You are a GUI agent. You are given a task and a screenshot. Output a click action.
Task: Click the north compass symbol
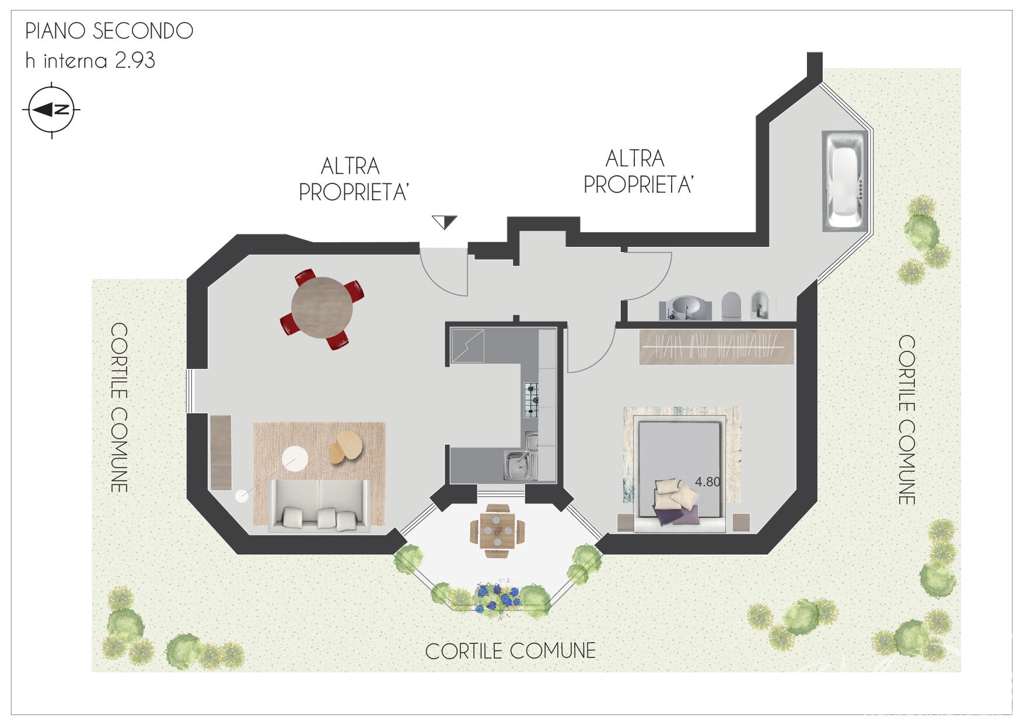(52, 110)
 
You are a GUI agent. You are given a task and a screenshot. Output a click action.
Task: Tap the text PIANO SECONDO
(109, 31)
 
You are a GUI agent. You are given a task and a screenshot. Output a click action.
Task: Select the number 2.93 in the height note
(135, 61)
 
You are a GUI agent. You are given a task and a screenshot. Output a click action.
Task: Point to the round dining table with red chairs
(322, 308)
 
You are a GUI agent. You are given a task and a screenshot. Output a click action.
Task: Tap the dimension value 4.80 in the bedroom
(708, 482)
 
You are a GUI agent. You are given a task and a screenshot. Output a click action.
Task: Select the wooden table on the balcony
(497, 531)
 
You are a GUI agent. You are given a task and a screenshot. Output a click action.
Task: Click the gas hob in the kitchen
(531, 399)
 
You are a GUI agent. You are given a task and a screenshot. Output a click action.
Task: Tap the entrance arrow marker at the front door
(445, 222)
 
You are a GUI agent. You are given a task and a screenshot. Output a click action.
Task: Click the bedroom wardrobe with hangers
(717, 347)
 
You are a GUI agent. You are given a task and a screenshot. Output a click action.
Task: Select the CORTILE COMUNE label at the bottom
(511, 651)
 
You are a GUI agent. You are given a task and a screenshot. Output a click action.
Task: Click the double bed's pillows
(677, 497)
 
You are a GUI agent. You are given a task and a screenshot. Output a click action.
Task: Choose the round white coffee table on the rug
(295, 458)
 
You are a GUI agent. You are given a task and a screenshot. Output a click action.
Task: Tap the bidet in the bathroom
(759, 304)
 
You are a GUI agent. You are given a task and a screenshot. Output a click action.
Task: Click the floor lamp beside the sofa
(242, 496)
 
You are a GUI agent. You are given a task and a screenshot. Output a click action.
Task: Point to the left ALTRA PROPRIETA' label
(353, 179)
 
